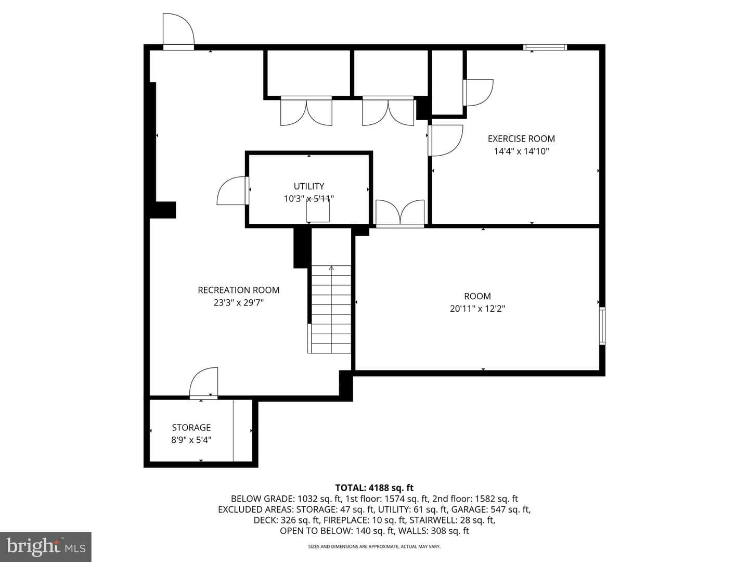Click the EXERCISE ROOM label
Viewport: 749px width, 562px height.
coord(521,139)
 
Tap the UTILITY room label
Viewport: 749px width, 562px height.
coord(309,186)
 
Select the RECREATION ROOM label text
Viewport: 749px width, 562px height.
coord(239,290)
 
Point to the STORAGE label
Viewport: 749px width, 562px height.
coord(191,428)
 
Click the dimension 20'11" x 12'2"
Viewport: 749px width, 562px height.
coord(477,309)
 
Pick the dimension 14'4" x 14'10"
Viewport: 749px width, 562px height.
coord(521,151)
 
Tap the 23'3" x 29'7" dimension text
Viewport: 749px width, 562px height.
coord(239,303)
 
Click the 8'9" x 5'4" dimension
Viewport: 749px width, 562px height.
coord(191,440)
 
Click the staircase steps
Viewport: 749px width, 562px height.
coord(331,309)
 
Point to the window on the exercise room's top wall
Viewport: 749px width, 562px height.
coord(545,47)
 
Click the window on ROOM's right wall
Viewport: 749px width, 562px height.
coord(602,326)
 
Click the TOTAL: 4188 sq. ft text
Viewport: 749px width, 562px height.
coord(374,488)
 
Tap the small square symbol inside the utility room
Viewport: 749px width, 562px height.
coord(318,210)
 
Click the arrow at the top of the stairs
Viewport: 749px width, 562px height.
coord(331,269)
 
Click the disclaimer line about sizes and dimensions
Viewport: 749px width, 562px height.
coord(374,546)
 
